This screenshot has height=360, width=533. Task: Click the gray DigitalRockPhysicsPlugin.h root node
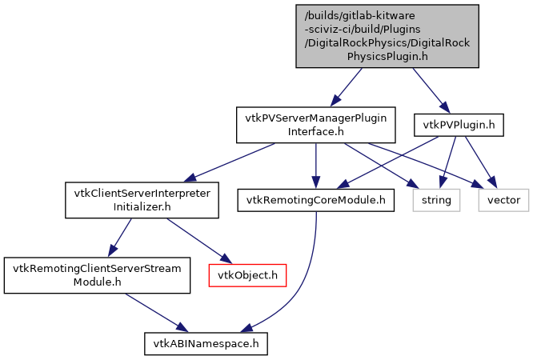pyautogui.click(x=387, y=36)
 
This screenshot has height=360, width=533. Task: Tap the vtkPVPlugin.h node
pyautogui.click(x=459, y=124)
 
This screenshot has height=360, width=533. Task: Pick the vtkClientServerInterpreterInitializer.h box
pyautogui.click(x=142, y=200)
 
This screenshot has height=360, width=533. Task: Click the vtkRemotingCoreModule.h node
pyautogui.click(x=316, y=200)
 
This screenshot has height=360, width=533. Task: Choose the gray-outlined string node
pyautogui.click(x=437, y=200)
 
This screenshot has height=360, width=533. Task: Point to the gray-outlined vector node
pyautogui.click(x=503, y=200)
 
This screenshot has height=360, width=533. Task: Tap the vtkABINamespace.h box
pyautogui.click(x=206, y=344)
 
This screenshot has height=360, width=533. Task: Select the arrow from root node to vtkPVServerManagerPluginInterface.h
pyautogui.click(x=350, y=86)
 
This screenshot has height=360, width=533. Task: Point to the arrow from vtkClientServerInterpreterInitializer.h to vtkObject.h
pyautogui.click(x=197, y=239)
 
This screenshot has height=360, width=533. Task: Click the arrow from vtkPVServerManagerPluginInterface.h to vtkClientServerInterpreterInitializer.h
pyautogui.click(x=232, y=161)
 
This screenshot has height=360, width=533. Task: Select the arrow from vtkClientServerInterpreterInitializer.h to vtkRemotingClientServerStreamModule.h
pyautogui.click(x=119, y=238)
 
